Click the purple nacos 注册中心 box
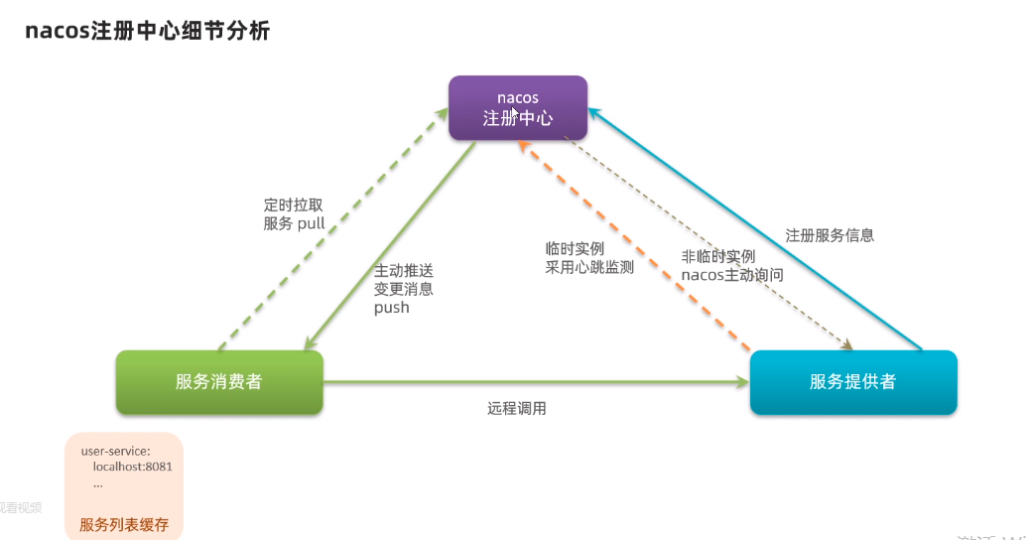[x=517, y=107]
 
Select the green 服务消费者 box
[x=219, y=381]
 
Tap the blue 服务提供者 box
[x=852, y=381]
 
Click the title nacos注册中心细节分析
[x=147, y=31]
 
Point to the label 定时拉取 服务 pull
[x=294, y=214]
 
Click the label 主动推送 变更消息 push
[x=403, y=289]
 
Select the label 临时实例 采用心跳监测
[x=588, y=257]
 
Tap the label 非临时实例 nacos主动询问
[x=731, y=265]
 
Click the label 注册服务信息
[x=830, y=235]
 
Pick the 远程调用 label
[x=516, y=408]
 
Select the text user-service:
[x=115, y=451]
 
